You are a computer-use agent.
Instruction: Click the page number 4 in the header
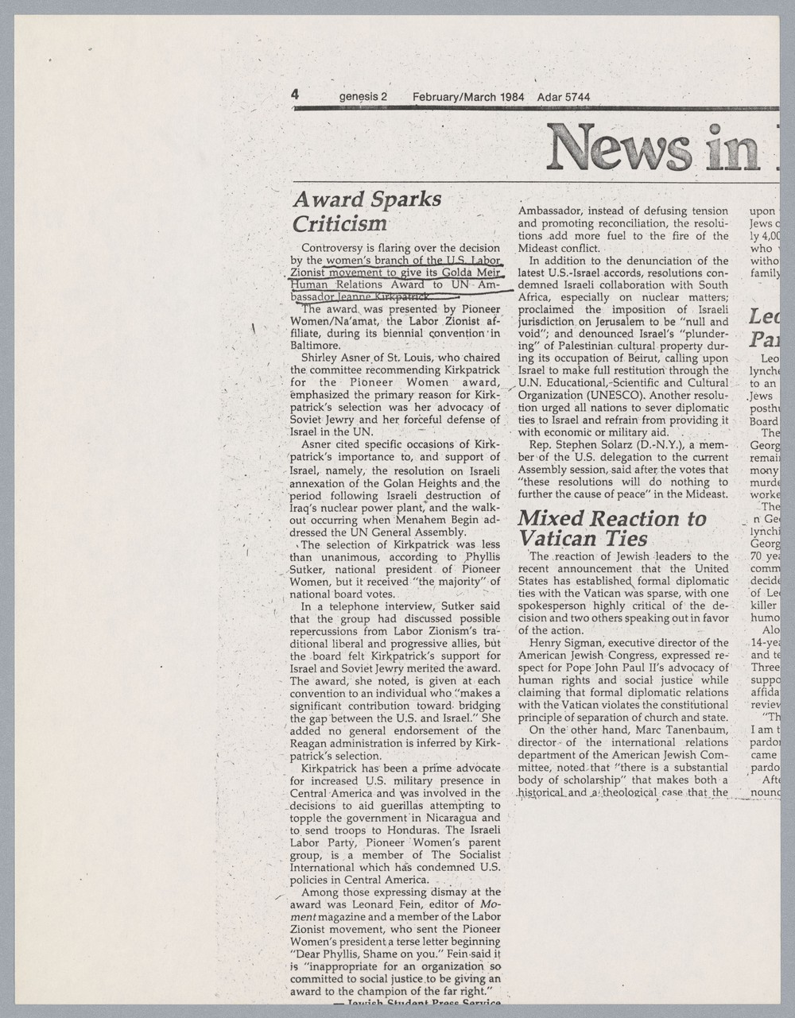tap(295, 95)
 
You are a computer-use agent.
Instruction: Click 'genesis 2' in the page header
tap(363, 98)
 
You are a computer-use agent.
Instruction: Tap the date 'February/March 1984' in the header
tap(468, 98)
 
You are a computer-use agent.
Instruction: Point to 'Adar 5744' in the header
tap(564, 98)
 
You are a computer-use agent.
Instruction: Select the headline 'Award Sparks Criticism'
tap(366, 211)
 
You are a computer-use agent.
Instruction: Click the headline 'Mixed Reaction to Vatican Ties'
tap(611, 528)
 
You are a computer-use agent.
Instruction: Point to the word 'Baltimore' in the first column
tap(316, 346)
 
